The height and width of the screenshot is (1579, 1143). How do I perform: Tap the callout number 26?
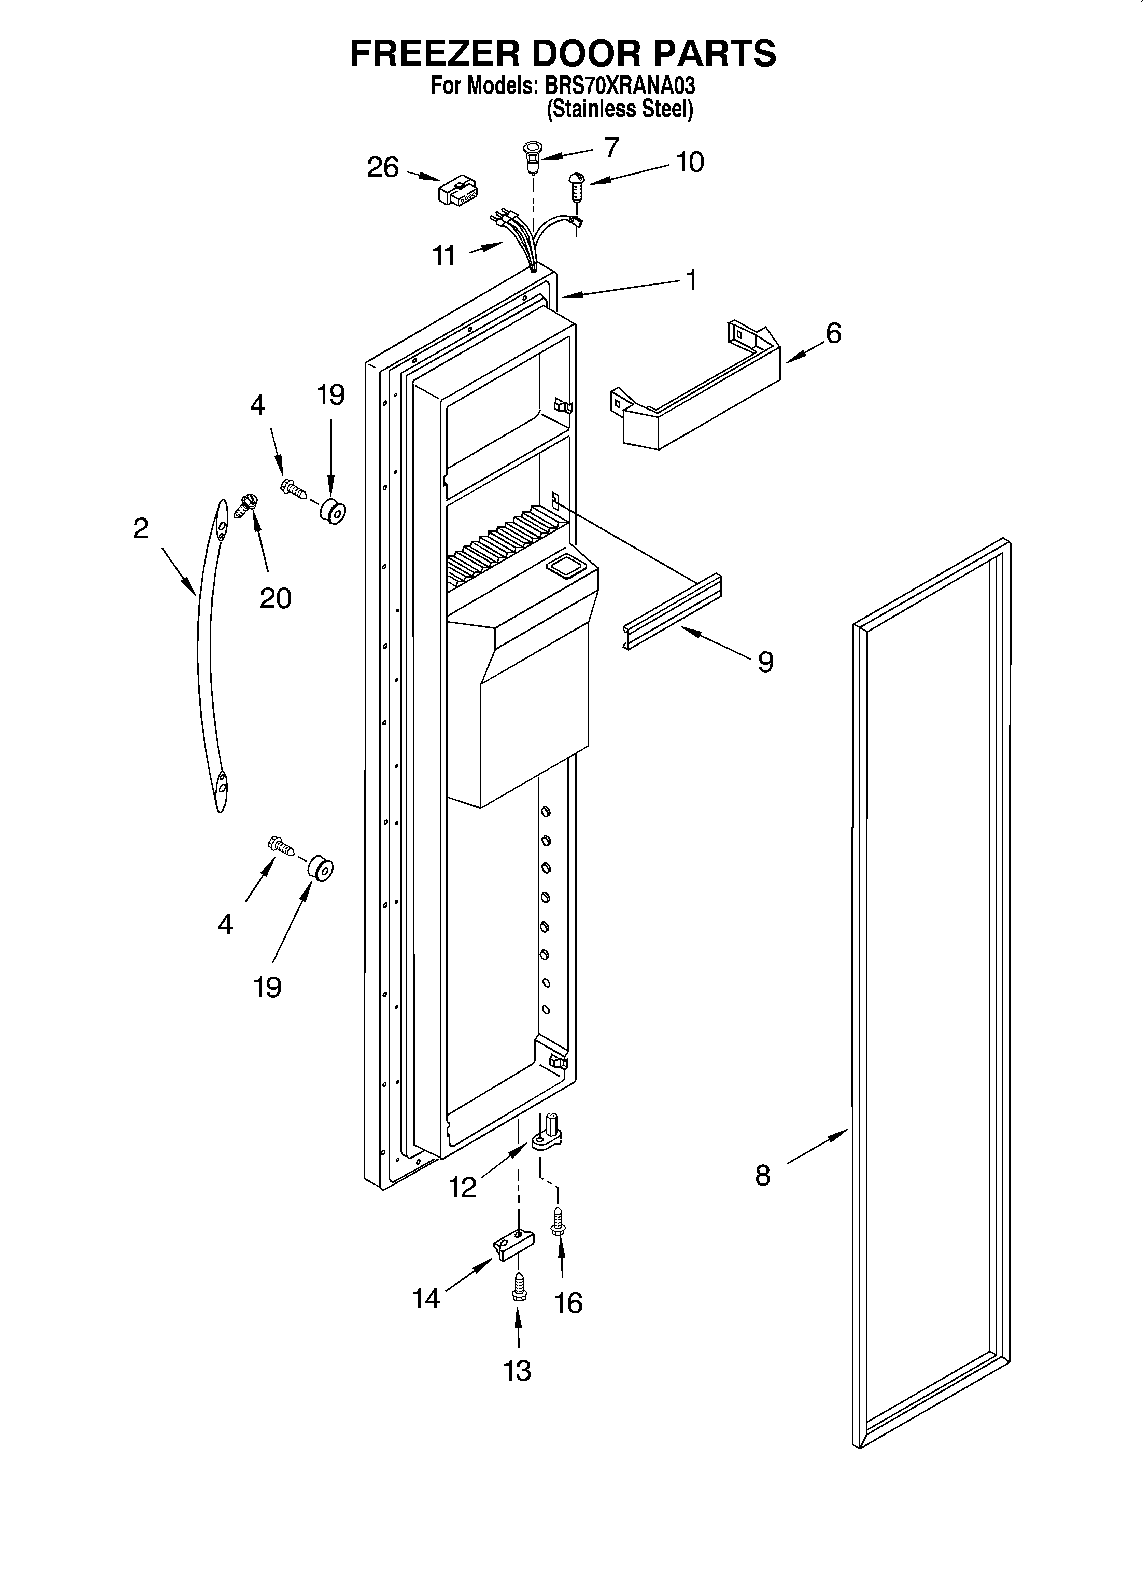tap(383, 168)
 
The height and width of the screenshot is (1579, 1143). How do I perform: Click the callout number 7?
tap(611, 148)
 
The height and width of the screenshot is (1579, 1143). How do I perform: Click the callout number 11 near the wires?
tap(444, 256)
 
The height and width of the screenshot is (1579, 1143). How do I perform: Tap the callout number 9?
tap(766, 661)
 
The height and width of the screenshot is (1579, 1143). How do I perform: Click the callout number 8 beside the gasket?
tap(763, 1176)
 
